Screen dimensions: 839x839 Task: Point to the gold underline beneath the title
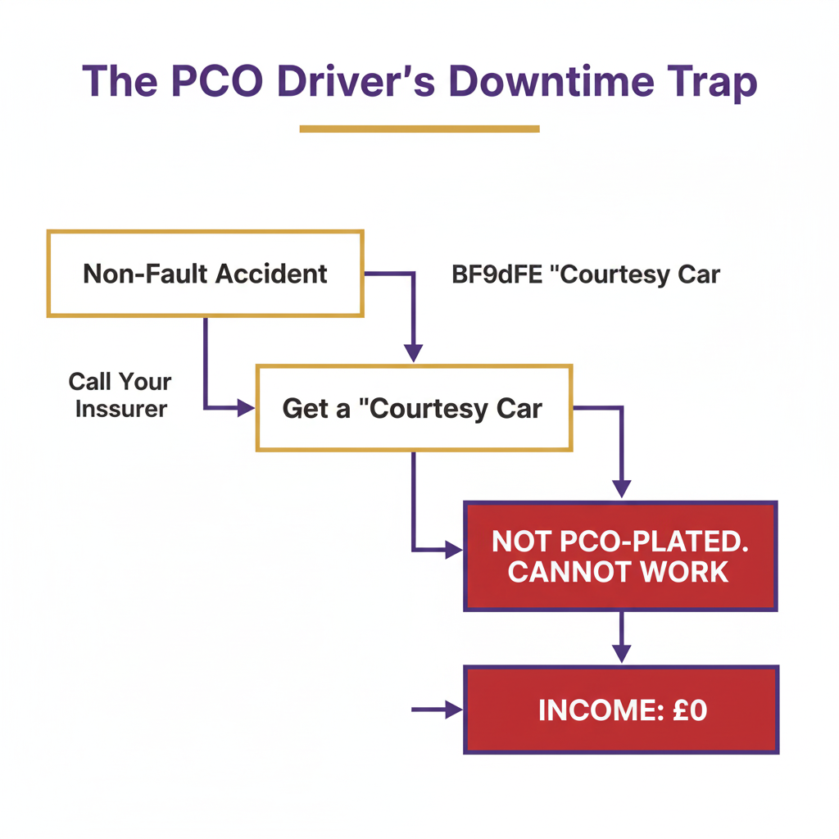point(419,129)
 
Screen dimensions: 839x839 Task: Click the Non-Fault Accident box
point(205,274)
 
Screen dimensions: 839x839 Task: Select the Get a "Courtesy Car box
point(413,408)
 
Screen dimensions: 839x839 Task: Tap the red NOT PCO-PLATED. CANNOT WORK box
point(619,556)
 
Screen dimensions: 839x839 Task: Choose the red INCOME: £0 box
point(621,710)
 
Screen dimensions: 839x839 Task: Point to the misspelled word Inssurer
point(121,408)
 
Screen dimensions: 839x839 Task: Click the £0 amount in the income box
point(687,710)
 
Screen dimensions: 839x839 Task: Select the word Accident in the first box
point(279,274)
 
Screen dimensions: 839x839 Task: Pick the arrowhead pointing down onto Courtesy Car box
point(414,353)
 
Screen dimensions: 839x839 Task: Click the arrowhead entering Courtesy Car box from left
point(246,407)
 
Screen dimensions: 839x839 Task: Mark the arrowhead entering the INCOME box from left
point(453,710)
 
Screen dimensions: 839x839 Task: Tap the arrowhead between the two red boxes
point(622,654)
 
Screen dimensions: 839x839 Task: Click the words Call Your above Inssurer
point(120,382)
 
